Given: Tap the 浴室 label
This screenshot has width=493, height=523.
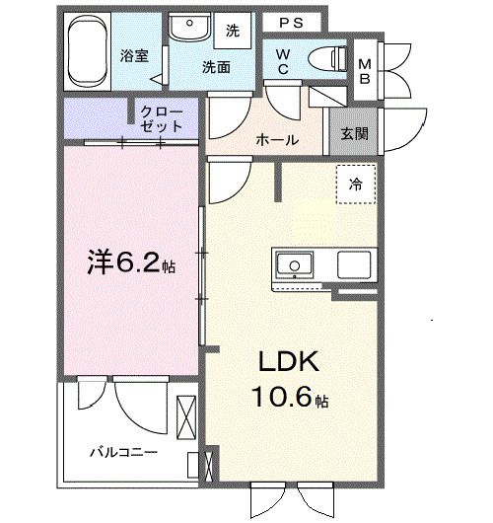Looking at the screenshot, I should (x=134, y=55).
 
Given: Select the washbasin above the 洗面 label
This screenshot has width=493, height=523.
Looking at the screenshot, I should (x=184, y=29).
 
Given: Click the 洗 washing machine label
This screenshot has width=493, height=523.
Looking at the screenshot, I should (x=233, y=30).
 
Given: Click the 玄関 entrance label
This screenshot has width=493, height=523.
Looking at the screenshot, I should (x=355, y=134).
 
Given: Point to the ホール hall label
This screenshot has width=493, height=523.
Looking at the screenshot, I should (x=277, y=140).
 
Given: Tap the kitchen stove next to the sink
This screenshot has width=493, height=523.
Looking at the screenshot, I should (x=355, y=264).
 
